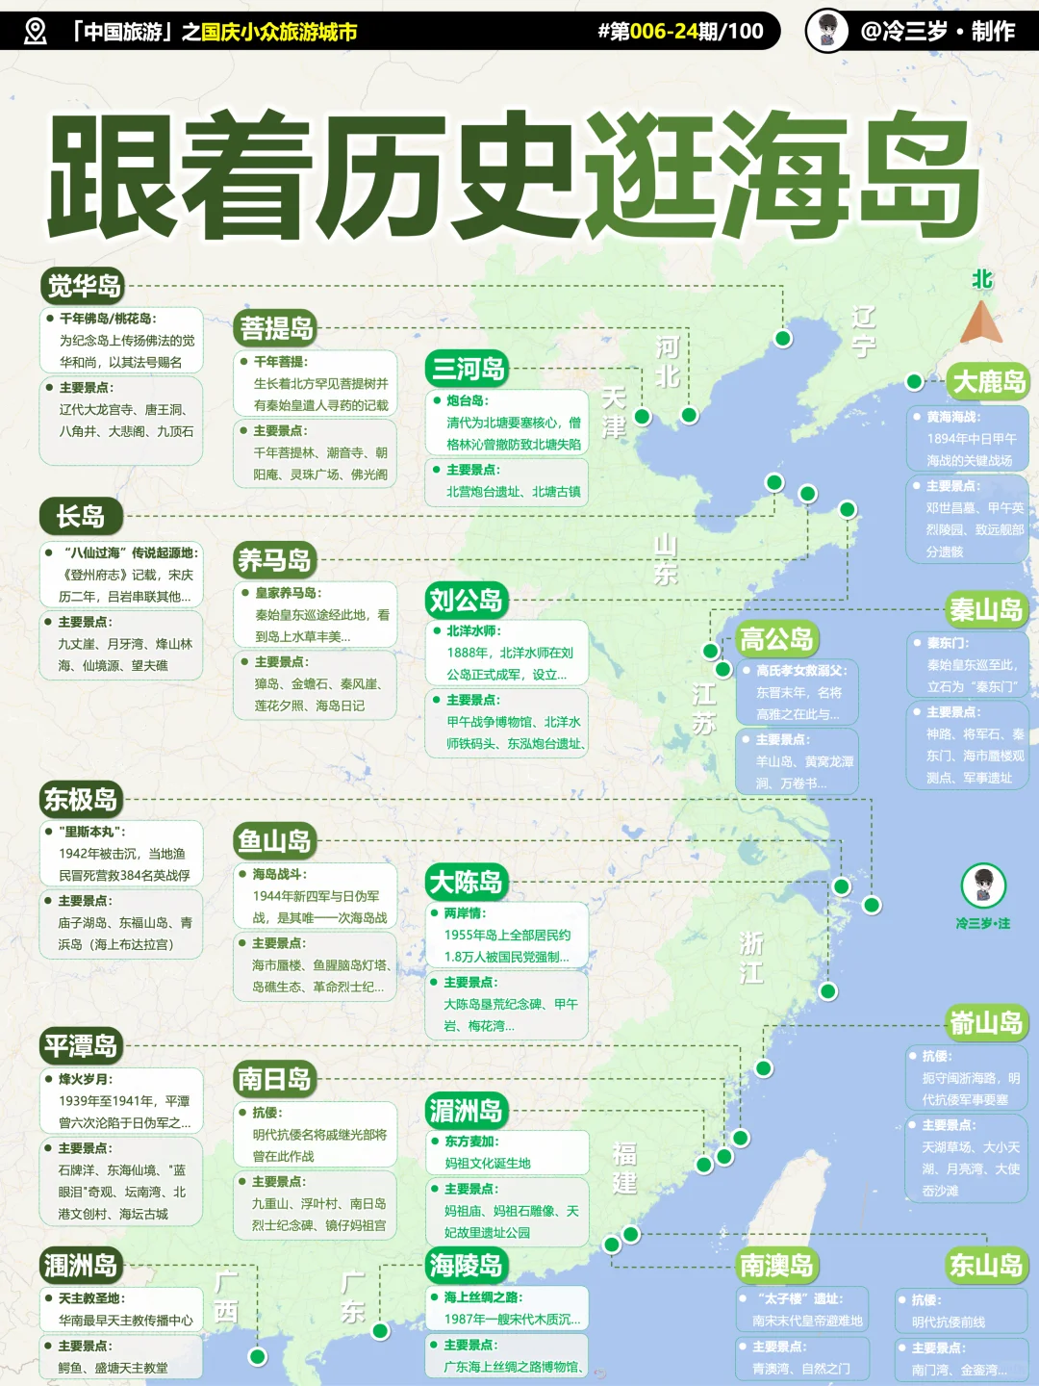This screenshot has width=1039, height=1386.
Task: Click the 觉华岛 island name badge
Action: pyautogui.click(x=85, y=286)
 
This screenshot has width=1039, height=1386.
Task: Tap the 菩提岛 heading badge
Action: pyautogui.click(x=276, y=328)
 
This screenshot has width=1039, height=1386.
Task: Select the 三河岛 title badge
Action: pyautogui.click(x=468, y=368)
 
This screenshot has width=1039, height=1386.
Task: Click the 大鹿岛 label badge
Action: pyautogui.click(x=988, y=381)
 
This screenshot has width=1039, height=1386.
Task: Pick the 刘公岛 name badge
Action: pyautogui.click(x=467, y=601)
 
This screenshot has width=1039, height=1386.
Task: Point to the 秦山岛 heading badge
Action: pyautogui.click(x=986, y=609)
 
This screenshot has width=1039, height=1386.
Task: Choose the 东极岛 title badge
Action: pyautogui.click(x=81, y=799)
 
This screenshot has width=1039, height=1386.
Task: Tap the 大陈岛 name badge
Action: pyautogui.click(x=467, y=882)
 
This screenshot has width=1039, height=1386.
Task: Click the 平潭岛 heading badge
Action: pyautogui.click(x=81, y=1046)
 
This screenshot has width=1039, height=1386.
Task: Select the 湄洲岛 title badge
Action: pyautogui.click(x=466, y=1111)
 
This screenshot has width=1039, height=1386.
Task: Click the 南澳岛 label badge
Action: pyautogui.click(x=776, y=1266)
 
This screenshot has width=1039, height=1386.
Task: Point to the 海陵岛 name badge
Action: pyautogui.click(x=467, y=1265)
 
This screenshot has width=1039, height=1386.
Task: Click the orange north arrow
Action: pyautogui.click(x=981, y=323)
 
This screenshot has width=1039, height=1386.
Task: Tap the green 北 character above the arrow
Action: pyautogui.click(x=981, y=279)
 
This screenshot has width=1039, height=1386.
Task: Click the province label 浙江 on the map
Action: pyautogui.click(x=751, y=958)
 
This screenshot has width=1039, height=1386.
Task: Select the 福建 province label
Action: pyautogui.click(x=625, y=1168)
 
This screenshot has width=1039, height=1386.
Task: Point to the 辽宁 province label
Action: pyautogui.click(x=863, y=331)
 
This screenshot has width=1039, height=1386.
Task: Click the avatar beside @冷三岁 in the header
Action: pyautogui.click(x=826, y=31)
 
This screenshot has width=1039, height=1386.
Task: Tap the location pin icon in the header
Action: pyautogui.click(x=36, y=31)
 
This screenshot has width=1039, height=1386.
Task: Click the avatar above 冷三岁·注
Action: pyautogui.click(x=983, y=885)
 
